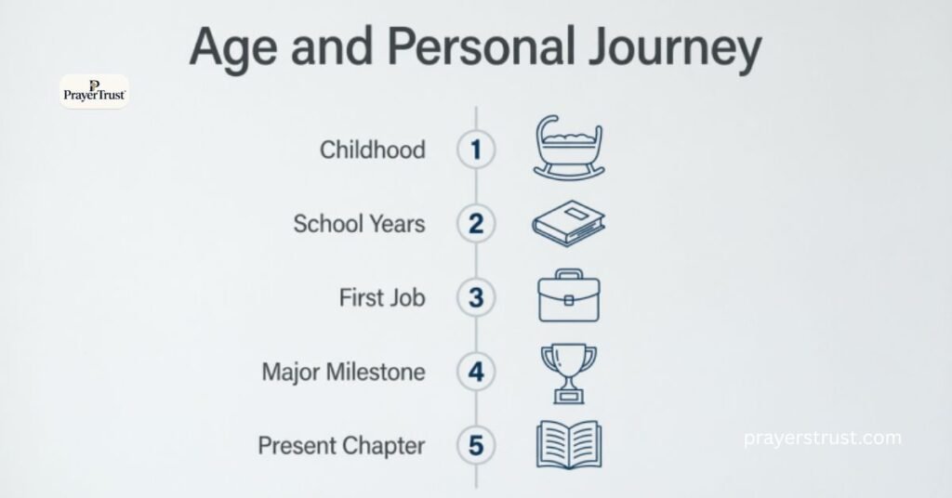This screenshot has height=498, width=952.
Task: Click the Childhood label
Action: [x=372, y=150]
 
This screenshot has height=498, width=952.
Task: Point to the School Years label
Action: [x=359, y=224]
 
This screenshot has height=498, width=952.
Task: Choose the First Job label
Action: [x=382, y=298]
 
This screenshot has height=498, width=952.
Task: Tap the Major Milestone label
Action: [x=343, y=373]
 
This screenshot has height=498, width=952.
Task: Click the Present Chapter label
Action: [x=341, y=446]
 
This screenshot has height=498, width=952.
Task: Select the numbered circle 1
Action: [x=476, y=150]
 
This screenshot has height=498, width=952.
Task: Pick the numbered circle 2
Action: [x=476, y=224]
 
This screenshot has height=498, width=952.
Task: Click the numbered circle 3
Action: [x=476, y=298]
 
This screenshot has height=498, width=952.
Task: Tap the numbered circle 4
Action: [x=476, y=373]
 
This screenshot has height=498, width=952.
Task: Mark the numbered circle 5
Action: [x=476, y=446]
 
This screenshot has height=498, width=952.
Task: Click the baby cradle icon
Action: [x=568, y=148]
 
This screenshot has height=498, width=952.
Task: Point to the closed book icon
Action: [x=568, y=224]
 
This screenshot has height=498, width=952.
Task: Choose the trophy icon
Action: [x=568, y=372]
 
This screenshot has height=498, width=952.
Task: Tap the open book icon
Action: [x=568, y=445]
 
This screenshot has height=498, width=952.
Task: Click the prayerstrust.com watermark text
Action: [x=823, y=437]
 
